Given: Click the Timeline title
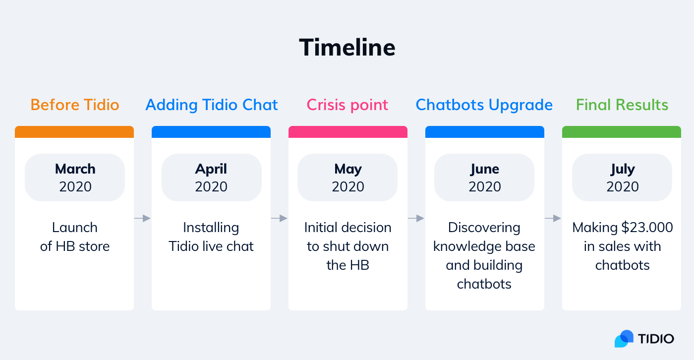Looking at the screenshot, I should point(347,48).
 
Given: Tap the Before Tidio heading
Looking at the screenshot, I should point(75,105).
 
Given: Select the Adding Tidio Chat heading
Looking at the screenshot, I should point(212,105).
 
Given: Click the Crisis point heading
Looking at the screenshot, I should point(347,105).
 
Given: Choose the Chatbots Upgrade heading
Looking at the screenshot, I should point(484,105).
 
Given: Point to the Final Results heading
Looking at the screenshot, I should point(622,105).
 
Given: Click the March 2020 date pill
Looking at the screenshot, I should point(75,178).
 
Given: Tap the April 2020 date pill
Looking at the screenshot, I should point(212,178).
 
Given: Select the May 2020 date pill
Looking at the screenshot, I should point(347,178).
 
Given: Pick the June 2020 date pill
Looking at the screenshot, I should point(484,178).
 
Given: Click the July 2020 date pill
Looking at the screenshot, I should point(622,178).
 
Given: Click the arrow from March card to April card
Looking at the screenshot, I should point(143,218).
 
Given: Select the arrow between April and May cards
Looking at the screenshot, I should point(280,218).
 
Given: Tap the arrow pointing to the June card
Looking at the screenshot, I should point(416,218).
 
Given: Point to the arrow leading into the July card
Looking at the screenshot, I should point(553,218).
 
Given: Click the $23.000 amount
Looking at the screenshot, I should point(647,228).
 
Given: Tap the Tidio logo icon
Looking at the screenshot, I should point(624,339).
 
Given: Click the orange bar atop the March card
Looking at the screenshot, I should point(74,132).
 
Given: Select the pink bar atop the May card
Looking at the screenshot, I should point(348,132).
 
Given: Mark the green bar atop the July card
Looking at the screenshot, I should point(622,132).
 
